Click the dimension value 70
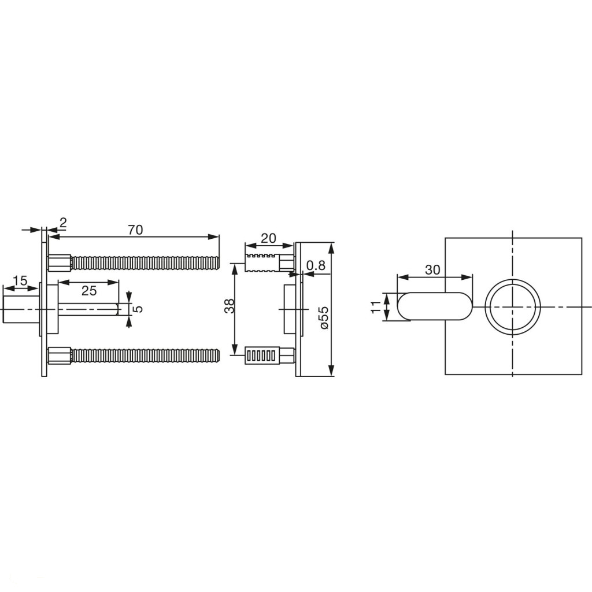135,230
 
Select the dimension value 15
20,280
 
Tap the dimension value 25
89,290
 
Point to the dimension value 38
229,306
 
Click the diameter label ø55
324,317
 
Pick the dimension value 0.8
316,265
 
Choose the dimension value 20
268,238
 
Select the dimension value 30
432,269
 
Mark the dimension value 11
376,306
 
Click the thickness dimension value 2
63,223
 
